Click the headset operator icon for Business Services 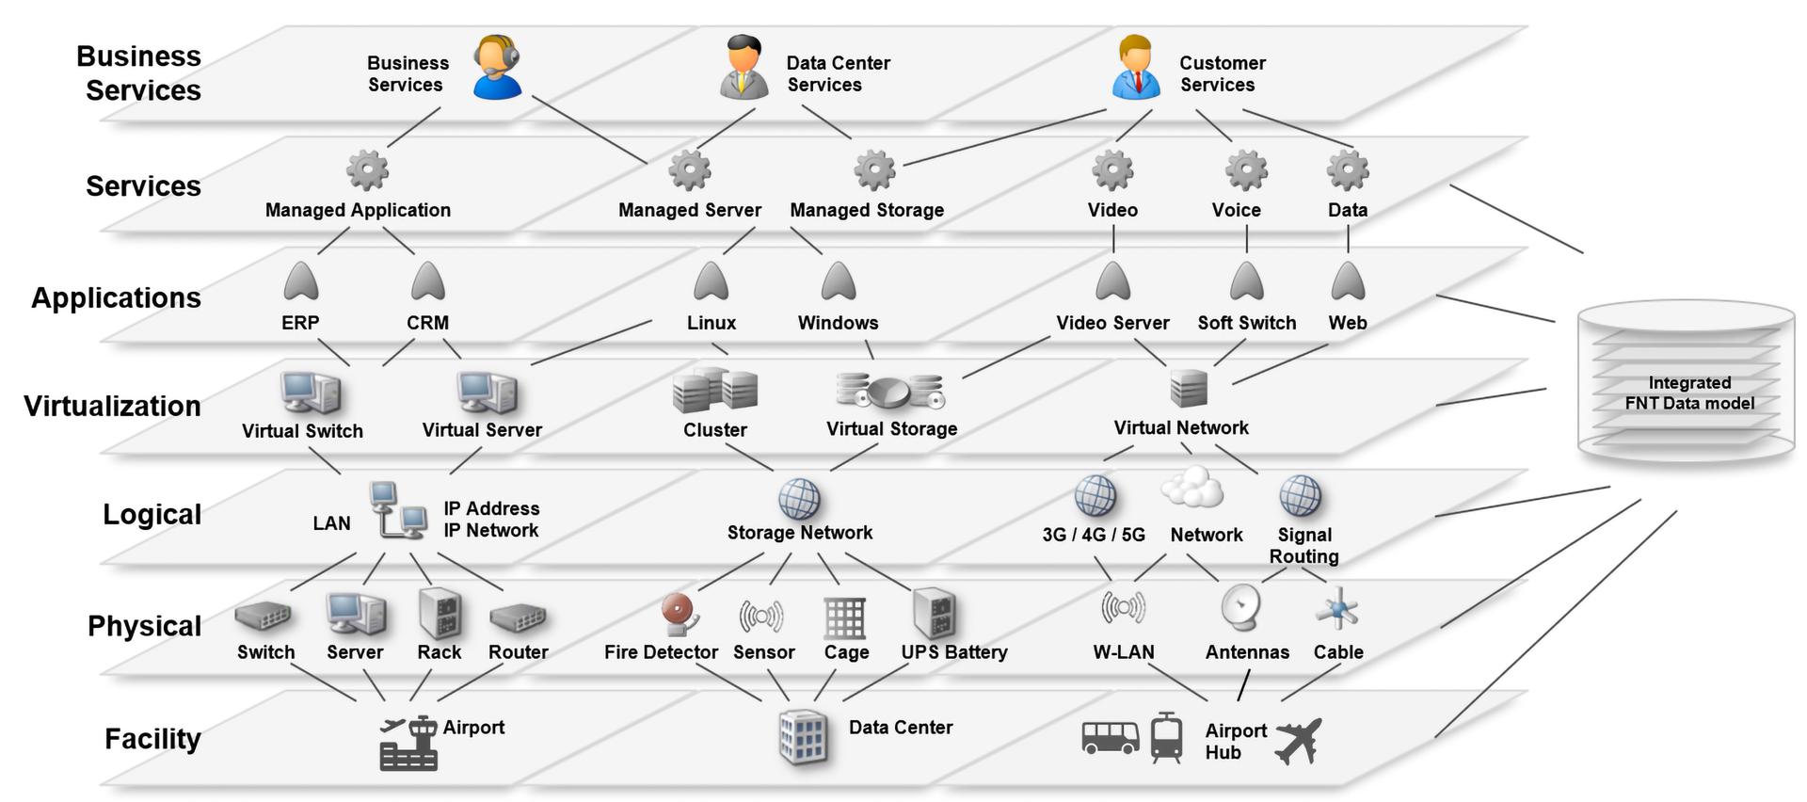497,67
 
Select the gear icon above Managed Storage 874,170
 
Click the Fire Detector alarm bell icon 680,614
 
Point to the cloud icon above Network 1191,488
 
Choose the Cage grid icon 844,618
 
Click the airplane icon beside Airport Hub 1299,741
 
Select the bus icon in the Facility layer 1111,737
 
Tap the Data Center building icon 803,737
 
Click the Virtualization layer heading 112,406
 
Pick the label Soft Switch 1246,323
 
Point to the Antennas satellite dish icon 1241,608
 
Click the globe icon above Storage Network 799,499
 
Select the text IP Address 491,508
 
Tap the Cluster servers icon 715,391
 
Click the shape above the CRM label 428,281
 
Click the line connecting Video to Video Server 1113,239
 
